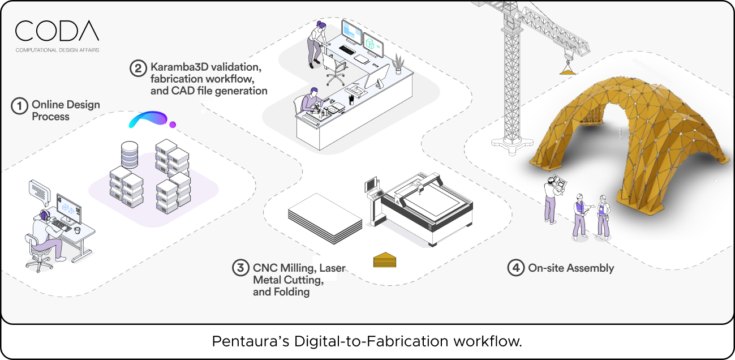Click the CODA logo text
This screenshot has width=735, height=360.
[x=57, y=31]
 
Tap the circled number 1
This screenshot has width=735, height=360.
[x=20, y=106]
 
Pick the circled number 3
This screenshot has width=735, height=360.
[x=240, y=268]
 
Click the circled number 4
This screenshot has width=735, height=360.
[x=515, y=268]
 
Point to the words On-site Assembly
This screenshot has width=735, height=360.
[x=570, y=268]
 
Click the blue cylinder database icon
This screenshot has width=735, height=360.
[x=130, y=154]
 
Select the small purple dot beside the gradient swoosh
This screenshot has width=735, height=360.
[x=173, y=124]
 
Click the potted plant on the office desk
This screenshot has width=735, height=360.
[x=399, y=63]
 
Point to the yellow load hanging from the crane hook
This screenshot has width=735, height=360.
[x=567, y=69]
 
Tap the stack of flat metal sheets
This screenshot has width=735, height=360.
[x=324, y=218]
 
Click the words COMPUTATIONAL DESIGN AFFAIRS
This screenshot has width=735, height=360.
[x=57, y=50]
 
